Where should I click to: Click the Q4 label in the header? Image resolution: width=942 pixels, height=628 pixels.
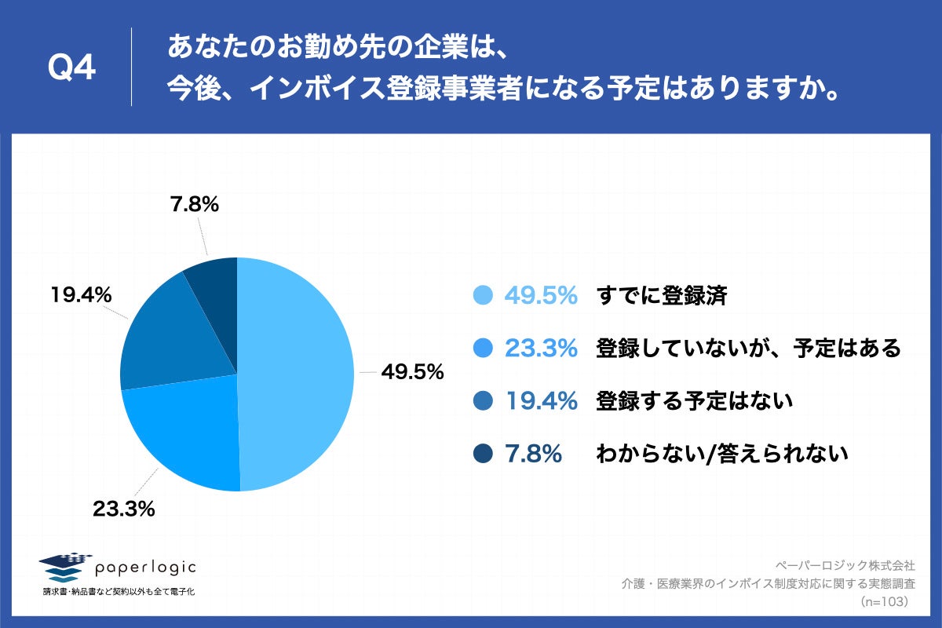(x=71, y=68)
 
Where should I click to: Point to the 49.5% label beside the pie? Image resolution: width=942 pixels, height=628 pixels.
(x=412, y=372)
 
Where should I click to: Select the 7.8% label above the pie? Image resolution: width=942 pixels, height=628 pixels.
(x=194, y=205)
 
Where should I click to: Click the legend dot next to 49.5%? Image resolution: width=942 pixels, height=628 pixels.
(x=484, y=295)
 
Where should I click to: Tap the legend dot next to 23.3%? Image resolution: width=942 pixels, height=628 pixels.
(x=484, y=348)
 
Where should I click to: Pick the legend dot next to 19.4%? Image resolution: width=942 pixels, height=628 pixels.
(x=484, y=401)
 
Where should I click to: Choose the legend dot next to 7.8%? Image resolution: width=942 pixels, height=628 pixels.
(x=484, y=454)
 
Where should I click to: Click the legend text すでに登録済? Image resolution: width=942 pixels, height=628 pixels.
(x=662, y=296)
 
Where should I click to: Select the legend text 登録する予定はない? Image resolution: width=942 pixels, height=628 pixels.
(x=695, y=401)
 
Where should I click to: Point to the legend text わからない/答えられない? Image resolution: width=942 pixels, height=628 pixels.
(x=722, y=454)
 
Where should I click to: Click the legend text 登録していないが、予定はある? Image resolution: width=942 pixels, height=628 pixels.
(x=748, y=348)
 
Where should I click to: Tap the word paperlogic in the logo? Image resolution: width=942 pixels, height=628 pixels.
(x=144, y=567)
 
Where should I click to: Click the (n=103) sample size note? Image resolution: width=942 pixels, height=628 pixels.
(x=884, y=601)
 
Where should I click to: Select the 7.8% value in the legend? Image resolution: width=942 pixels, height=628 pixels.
(x=533, y=454)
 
